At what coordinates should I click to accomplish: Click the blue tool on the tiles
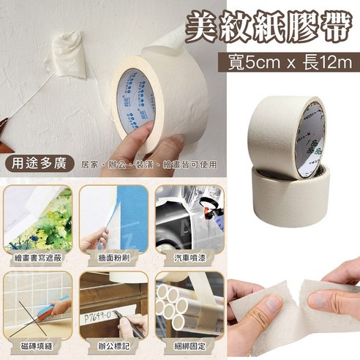tap(51, 307)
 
